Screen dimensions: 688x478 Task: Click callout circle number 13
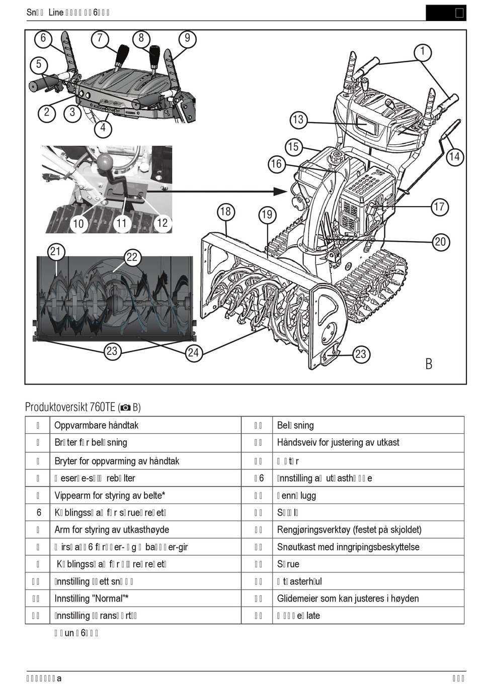[x=298, y=120]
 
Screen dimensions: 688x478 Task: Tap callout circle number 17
[x=439, y=207]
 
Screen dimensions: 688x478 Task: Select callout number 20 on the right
[x=440, y=242]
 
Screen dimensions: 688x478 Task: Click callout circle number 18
[x=225, y=212]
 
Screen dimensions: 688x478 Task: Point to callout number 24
[x=194, y=353]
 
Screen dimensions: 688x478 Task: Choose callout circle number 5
[x=39, y=64]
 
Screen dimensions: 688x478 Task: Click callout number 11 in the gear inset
[x=122, y=223]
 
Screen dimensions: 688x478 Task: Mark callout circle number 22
[x=132, y=257]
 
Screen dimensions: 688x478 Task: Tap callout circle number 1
[x=423, y=51]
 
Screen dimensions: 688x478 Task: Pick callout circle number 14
[x=454, y=157]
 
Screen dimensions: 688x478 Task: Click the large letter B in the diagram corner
[x=429, y=363]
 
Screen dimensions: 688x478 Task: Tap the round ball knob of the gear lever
[x=105, y=162]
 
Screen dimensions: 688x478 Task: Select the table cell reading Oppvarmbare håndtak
[x=96, y=425]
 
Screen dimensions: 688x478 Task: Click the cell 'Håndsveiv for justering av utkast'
[x=338, y=442]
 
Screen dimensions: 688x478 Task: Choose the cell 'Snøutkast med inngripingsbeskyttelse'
[x=348, y=547]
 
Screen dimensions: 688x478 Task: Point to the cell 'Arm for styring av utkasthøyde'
[x=112, y=529]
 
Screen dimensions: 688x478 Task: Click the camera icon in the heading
[x=126, y=408]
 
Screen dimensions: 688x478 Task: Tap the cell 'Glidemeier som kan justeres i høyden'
[x=348, y=598]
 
